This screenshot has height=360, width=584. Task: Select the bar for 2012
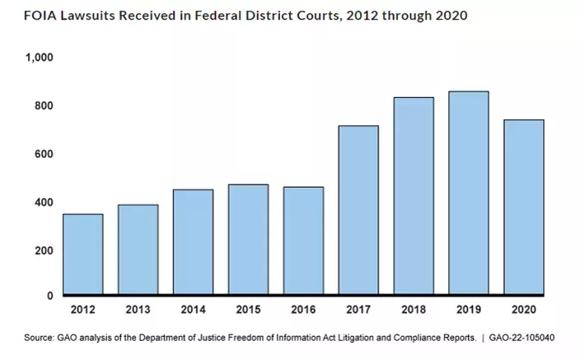tap(83, 254)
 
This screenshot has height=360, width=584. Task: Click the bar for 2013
tap(138, 249)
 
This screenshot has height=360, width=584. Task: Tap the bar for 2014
tap(194, 241)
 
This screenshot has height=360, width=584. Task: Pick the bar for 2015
tap(248, 239)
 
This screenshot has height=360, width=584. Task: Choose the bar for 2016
tap(303, 240)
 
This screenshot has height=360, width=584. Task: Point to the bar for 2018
tap(413, 195)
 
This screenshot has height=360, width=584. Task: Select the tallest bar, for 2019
tap(469, 192)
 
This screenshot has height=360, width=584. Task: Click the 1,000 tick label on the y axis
tap(40, 58)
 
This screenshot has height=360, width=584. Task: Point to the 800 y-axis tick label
tap(44, 106)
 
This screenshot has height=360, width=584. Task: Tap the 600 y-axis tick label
tap(44, 154)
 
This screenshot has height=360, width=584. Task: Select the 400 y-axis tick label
tap(44, 203)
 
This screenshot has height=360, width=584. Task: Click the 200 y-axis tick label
tap(44, 250)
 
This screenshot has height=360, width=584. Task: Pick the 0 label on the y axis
tap(49, 296)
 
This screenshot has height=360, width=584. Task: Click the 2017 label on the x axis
tap(358, 311)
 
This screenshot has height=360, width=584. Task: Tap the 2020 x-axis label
tap(524, 311)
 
